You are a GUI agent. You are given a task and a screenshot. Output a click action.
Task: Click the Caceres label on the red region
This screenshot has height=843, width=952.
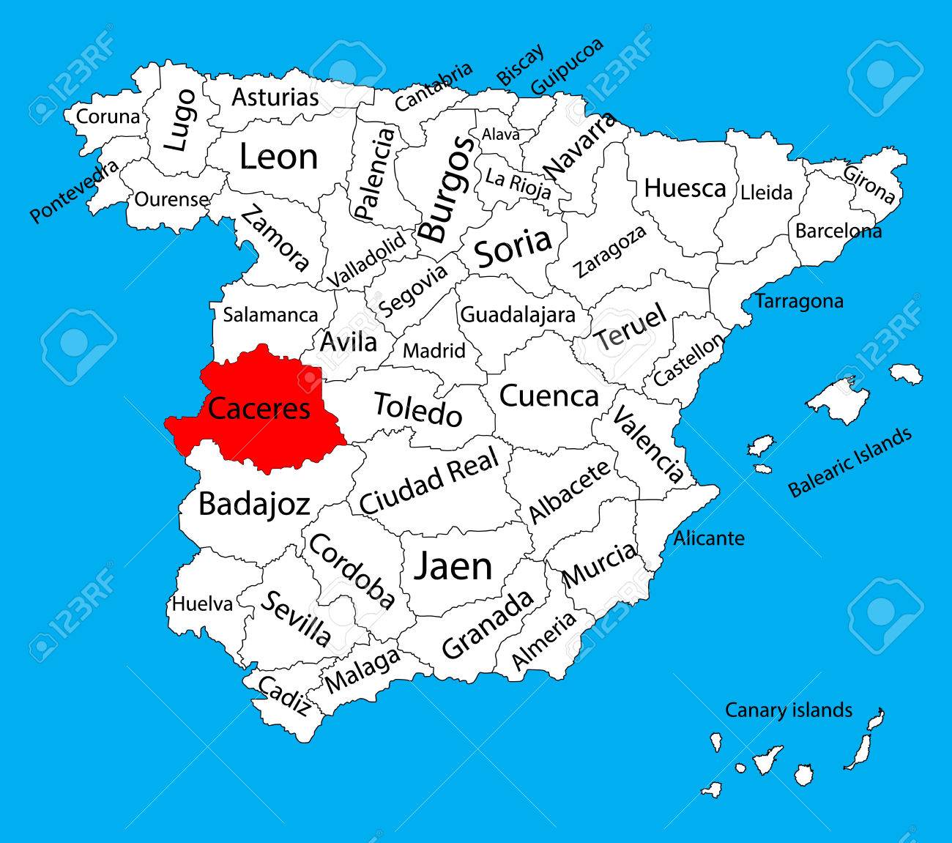[259, 408]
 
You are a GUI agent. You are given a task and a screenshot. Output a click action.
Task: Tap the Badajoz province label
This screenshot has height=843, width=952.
[254, 505]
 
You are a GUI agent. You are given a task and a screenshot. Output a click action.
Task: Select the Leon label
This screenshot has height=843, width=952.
[278, 157]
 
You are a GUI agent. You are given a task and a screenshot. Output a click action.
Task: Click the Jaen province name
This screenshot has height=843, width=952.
[453, 565]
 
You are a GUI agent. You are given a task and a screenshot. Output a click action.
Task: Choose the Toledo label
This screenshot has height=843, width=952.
[418, 409]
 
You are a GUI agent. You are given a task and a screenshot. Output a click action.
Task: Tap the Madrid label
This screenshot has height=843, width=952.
[434, 351]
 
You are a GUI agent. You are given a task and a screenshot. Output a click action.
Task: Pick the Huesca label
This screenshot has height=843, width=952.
[685, 188]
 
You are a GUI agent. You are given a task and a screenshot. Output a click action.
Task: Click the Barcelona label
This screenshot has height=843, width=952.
[838, 231]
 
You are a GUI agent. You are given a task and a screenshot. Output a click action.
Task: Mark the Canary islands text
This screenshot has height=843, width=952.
[788, 710]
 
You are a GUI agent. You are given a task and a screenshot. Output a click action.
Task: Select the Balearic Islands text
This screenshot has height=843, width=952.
[850, 461]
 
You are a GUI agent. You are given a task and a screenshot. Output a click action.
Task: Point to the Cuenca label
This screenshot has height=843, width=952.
[548, 396]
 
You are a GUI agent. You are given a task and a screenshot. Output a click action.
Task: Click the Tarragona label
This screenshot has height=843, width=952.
[799, 300]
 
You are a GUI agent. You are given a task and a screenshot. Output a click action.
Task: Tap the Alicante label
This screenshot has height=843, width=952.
[708, 538]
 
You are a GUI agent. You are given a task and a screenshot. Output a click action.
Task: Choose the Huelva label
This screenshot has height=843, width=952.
[202, 604]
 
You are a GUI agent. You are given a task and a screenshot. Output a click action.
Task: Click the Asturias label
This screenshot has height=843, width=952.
[275, 97]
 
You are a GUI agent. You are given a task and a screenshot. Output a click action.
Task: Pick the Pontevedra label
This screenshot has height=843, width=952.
[74, 192]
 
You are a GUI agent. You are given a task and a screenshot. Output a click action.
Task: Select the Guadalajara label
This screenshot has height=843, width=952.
[517, 314]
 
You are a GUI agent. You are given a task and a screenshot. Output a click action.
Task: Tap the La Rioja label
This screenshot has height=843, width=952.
[518, 182]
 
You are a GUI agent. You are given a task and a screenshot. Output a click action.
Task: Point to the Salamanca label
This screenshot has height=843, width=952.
[270, 315]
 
